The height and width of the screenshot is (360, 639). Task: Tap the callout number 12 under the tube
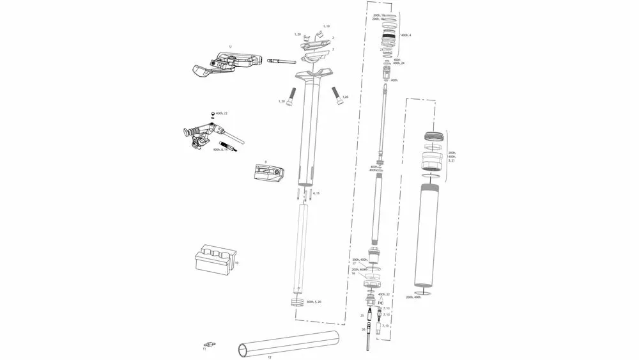(x=270, y=356)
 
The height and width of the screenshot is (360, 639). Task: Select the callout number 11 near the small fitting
(x=204, y=349)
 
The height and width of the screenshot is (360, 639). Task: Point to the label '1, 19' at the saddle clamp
(x=327, y=26)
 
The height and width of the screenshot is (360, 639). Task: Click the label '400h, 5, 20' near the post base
(x=314, y=301)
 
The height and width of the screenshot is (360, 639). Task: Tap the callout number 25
(x=362, y=315)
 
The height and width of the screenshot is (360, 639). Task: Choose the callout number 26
(x=364, y=329)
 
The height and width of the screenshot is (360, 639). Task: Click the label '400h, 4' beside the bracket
(x=406, y=35)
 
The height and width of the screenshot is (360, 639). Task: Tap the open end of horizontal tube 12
(x=243, y=348)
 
